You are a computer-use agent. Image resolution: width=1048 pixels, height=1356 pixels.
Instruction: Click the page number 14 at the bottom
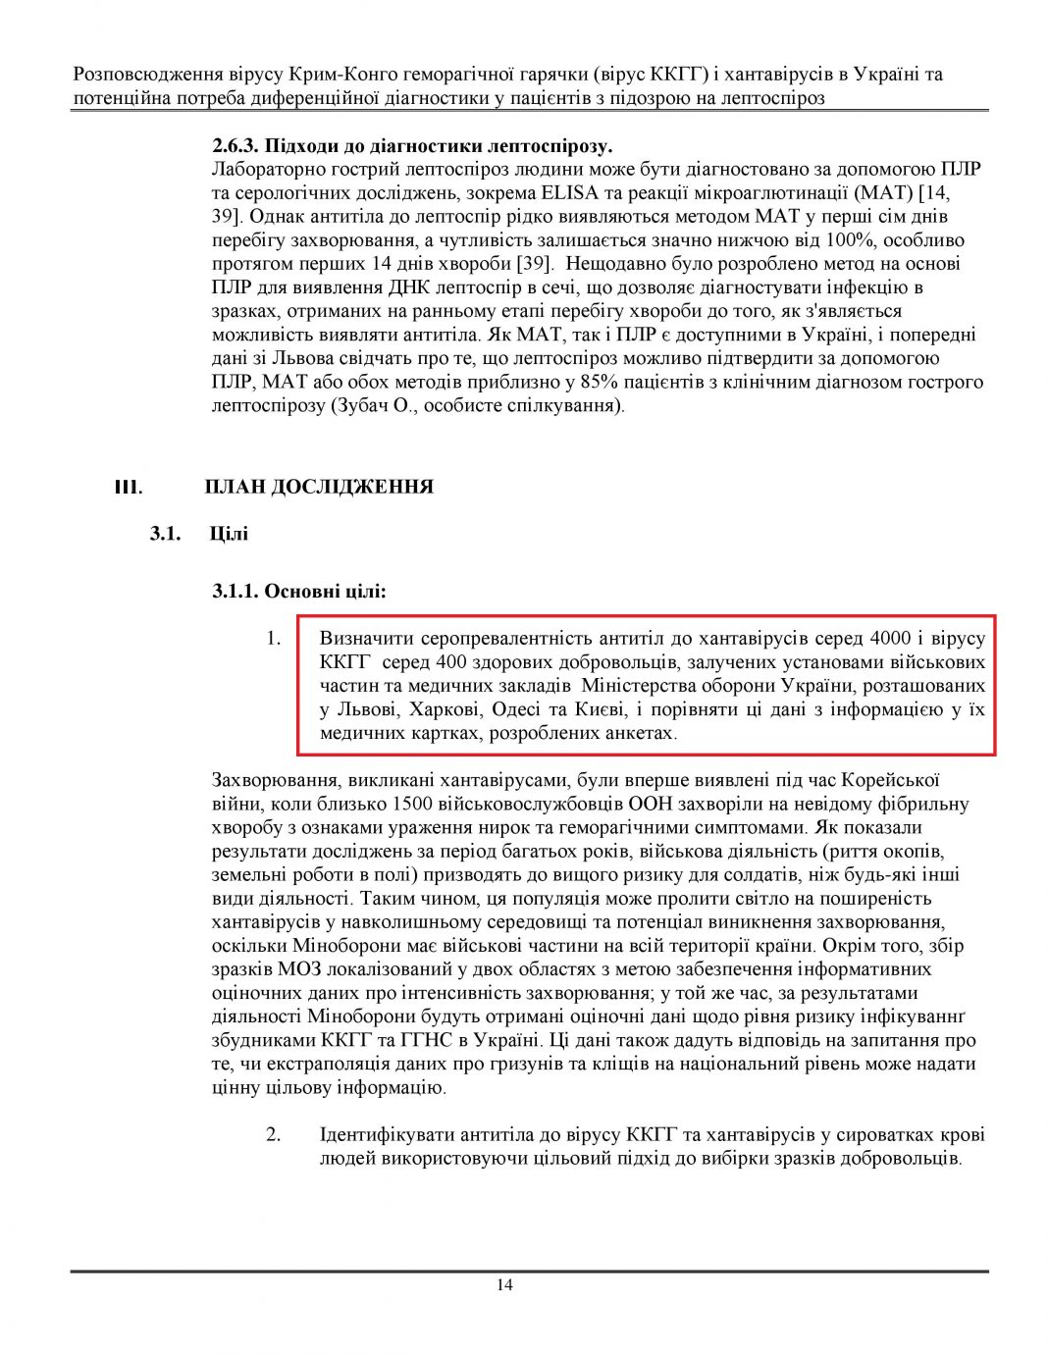coord(504,1285)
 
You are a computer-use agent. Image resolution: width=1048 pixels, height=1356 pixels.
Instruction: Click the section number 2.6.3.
coord(236,146)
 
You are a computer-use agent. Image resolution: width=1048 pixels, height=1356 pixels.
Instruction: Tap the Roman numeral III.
coord(128,488)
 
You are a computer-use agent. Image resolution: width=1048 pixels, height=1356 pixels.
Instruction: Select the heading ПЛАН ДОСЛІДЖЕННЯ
coord(319,488)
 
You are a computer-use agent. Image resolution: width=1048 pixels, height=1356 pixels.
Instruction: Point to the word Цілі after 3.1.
coord(229,534)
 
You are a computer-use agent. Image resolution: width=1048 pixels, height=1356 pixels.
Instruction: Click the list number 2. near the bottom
coord(273,1135)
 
